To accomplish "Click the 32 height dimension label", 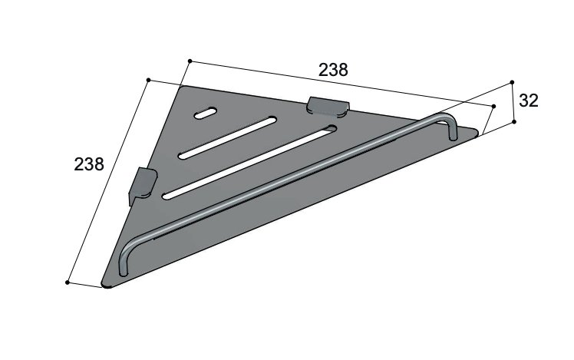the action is [529, 101].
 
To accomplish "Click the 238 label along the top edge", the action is [333, 70].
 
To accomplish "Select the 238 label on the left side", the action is [89, 164].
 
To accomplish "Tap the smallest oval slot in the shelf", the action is [206, 113].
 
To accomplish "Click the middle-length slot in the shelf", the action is [227, 137].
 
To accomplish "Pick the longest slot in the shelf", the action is [250, 163].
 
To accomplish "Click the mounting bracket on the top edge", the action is [328, 107].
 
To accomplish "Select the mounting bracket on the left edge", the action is [142, 186].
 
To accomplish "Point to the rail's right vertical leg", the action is [452, 129].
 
